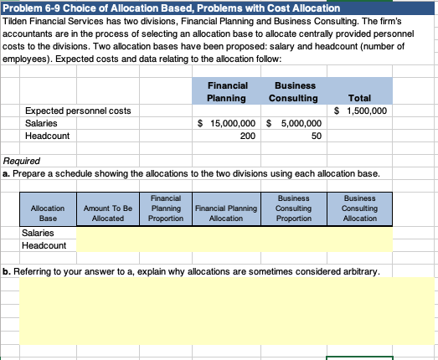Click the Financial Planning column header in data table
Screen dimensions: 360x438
click(x=227, y=91)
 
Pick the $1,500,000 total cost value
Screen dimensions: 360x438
click(x=361, y=110)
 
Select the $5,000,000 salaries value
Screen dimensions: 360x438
click(x=294, y=123)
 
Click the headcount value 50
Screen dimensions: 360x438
click(x=316, y=136)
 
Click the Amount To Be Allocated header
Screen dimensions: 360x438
click(x=108, y=212)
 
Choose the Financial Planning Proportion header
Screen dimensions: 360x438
click(x=162, y=208)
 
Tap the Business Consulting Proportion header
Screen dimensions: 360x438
click(x=291, y=208)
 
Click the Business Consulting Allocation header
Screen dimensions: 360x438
click(x=359, y=208)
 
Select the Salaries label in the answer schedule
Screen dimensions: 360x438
click(x=38, y=233)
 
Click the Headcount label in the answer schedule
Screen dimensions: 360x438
click(x=43, y=245)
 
